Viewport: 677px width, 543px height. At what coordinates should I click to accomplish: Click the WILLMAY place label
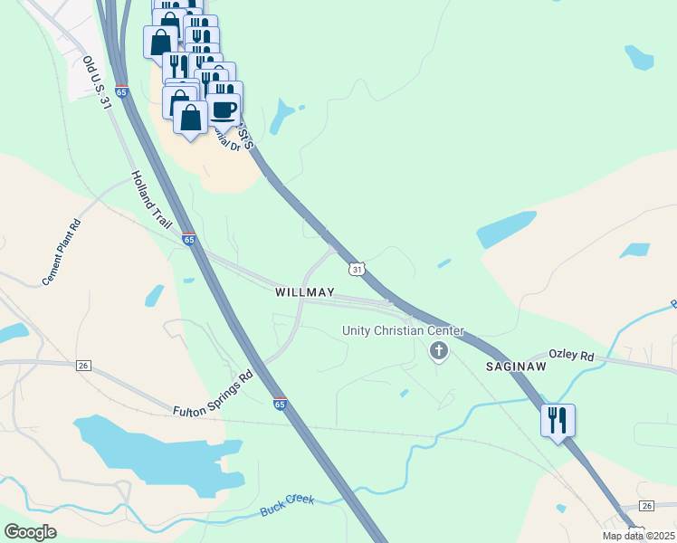click(x=305, y=293)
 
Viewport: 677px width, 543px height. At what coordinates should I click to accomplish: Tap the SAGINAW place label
click(x=516, y=367)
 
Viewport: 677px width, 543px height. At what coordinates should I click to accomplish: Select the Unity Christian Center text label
click(x=403, y=331)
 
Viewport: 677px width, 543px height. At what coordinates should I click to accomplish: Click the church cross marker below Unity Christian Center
click(x=439, y=351)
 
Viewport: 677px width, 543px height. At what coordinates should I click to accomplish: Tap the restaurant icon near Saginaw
click(x=558, y=420)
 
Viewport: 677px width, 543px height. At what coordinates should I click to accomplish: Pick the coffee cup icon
click(x=224, y=110)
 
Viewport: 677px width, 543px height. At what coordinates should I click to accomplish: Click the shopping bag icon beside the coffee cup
click(x=190, y=119)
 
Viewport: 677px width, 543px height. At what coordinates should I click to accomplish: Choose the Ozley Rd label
click(x=572, y=357)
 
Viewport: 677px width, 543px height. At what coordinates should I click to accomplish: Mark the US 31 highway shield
click(x=357, y=270)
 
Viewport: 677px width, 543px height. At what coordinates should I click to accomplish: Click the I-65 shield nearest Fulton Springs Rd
click(x=280, y=405)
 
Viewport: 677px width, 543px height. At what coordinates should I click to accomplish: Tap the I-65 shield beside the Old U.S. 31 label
click(x=121, y=91)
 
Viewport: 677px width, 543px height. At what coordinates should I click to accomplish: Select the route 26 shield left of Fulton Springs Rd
click(x=83, y=365)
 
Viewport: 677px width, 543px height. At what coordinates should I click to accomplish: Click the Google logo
click(x=30, y=531)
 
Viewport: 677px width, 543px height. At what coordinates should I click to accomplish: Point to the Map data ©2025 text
click(x=638, y=536)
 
